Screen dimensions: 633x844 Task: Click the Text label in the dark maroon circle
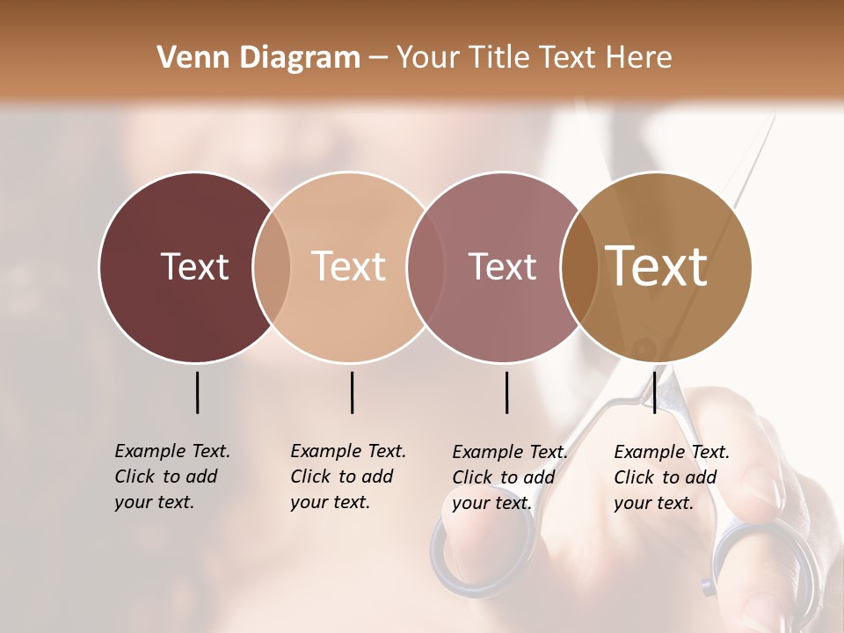(x=195, y=266)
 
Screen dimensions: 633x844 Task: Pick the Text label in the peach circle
(x=349, y=266)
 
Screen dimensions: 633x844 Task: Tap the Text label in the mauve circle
(x=503, y=266)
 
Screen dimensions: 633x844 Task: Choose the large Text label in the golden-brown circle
(x=657, y=266)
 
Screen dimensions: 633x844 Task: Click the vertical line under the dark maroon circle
(x=197, y=392)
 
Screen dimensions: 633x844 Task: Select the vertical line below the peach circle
(x=352, y=392)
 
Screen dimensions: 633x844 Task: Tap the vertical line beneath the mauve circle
(x=506, y=392)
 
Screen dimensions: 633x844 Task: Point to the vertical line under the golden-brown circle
(x=654, y=392)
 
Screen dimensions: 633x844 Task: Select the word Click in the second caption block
(x=310, y=477)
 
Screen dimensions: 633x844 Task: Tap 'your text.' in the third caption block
(x=492, y=503)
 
